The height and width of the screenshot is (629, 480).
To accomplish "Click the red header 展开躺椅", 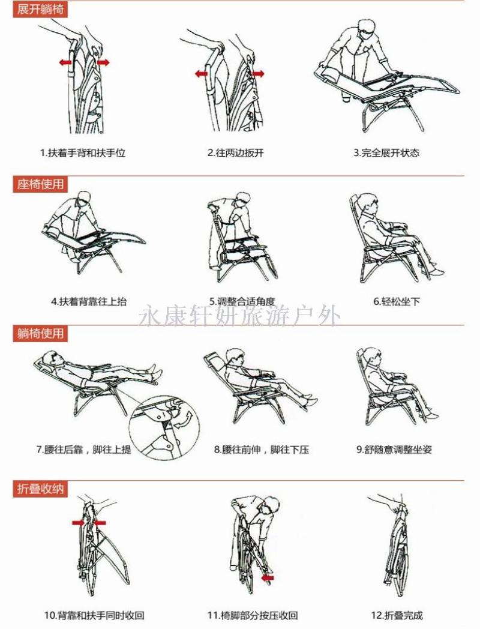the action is tap(40, 9).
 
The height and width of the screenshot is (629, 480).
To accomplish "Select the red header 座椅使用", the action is tap(40, 184).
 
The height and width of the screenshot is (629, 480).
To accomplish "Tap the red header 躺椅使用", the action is tap(40, 333).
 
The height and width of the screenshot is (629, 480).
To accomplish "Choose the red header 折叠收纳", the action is tap(40, 489).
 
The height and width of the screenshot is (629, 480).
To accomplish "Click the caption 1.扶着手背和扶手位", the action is tap(83, 153).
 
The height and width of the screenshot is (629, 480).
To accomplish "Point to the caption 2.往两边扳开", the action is tap(236, 153).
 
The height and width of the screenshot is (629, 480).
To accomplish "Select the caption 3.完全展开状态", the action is tap(386, 153).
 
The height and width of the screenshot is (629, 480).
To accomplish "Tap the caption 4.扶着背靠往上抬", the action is tap(89, 301).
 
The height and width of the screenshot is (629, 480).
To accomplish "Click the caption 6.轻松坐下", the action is tap(397, 301).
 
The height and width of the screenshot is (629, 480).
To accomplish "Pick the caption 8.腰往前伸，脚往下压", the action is tap(262, 450).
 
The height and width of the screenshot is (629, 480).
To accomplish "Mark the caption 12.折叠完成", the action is tap(397, 615).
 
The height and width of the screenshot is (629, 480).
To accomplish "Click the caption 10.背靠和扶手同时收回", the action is tap(94, 615).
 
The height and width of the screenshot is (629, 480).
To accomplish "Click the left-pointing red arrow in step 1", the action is tap(65, 62).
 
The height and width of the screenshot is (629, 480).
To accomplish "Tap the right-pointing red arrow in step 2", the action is tap(258, 73).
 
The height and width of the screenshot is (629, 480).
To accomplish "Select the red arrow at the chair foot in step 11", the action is tap(267, 577).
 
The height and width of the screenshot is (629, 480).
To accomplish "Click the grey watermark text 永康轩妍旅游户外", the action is tap(240, 316).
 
